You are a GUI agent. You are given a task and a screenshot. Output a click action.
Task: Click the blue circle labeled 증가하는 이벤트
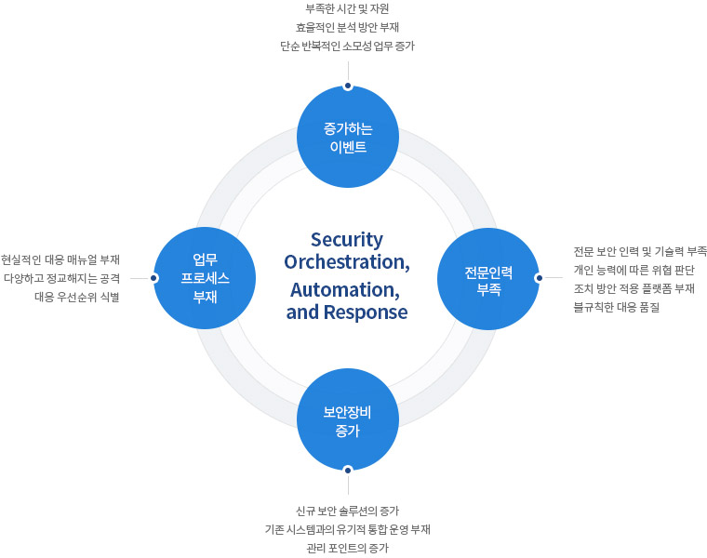(x=347, y=137)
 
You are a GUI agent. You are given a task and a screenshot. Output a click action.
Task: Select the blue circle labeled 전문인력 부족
(x=488, y=278)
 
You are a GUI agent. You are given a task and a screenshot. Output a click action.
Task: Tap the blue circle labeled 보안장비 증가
(x=347, y=419)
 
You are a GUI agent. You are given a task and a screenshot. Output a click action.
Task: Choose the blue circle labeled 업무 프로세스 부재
(x=205, y=278)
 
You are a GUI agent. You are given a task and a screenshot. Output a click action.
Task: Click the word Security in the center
(x=347, y=239)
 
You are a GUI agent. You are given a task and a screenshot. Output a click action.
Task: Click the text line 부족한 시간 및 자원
(x=347, y=8)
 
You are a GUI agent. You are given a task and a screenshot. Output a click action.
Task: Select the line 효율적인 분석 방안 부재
(x=347, y=27)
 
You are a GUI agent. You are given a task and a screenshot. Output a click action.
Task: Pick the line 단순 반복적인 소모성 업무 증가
(x=347, y=46)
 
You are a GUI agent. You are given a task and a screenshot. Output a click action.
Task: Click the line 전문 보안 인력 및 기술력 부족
(x=641, y=251)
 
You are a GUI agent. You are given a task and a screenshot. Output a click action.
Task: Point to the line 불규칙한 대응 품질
(x=617, y=307)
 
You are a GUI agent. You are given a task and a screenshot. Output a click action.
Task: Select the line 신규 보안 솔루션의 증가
(x=347, y=511)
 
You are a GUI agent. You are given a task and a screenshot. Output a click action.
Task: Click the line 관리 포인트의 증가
(x=347, y=548)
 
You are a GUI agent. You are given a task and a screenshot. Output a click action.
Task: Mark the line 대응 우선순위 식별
(x=77, y=297)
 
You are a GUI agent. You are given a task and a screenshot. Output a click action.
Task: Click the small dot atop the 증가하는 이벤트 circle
(x=347, y=86)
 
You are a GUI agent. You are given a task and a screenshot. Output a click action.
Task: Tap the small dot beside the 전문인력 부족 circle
(x=539, y=277)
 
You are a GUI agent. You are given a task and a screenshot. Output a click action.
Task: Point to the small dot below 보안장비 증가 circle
(x=347, y=470)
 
